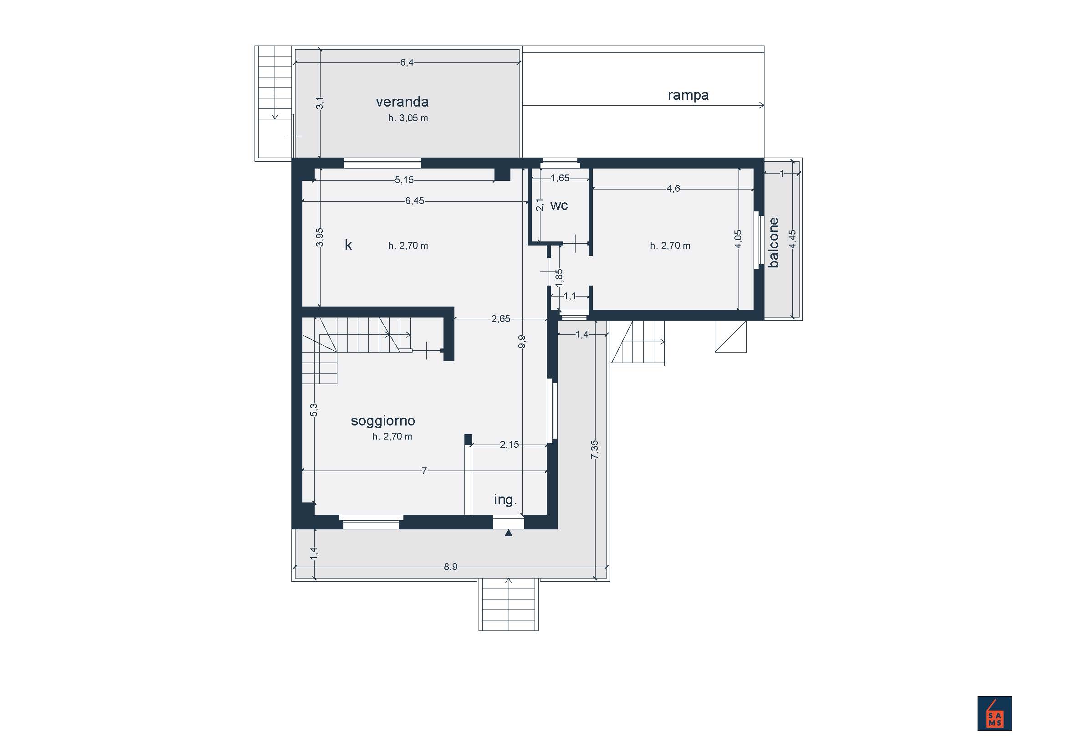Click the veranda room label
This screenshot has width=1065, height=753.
pyautogui.click(x=402, y=102)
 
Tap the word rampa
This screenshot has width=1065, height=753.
pyautogui.click(x=688, y=96)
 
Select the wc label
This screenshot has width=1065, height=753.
pyautogui.click(x=559, y=206)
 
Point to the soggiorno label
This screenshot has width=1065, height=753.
pyautogui.click(x=382, y=421)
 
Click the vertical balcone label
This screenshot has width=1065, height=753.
pyautogui.click(x=773, y=242)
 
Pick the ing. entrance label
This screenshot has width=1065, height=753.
pyautogui.click(x=505, y=499)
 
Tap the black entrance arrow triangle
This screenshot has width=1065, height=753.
pyautogui.click(x=509, y=533)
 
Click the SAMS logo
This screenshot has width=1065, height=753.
pyautogui.click(x=994, y=713)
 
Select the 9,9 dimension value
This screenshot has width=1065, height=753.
pyautogui.click(x=522, y=342)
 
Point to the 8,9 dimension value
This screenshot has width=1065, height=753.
pyautogui.click(x=450, y=567)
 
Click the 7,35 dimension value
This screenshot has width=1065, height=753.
pyautogui.click(x=595, y=450)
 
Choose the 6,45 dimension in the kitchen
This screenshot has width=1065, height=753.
pyautogui.click(x=414, y=201)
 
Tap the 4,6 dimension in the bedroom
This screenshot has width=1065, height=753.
pyautogui.click(x=673, y=189)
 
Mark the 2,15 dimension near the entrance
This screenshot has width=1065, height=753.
pyautogui.click(x=510, y=445)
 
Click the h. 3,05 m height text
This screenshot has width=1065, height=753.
pyautogui.click(x=408, y=118)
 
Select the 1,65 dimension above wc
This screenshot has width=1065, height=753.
pyautogui.click(x=560, y=178)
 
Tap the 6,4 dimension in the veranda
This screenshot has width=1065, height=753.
pyautogui.click(x=407, y=62)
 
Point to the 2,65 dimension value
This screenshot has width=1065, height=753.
pyautogui.click(x=500, y=319)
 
